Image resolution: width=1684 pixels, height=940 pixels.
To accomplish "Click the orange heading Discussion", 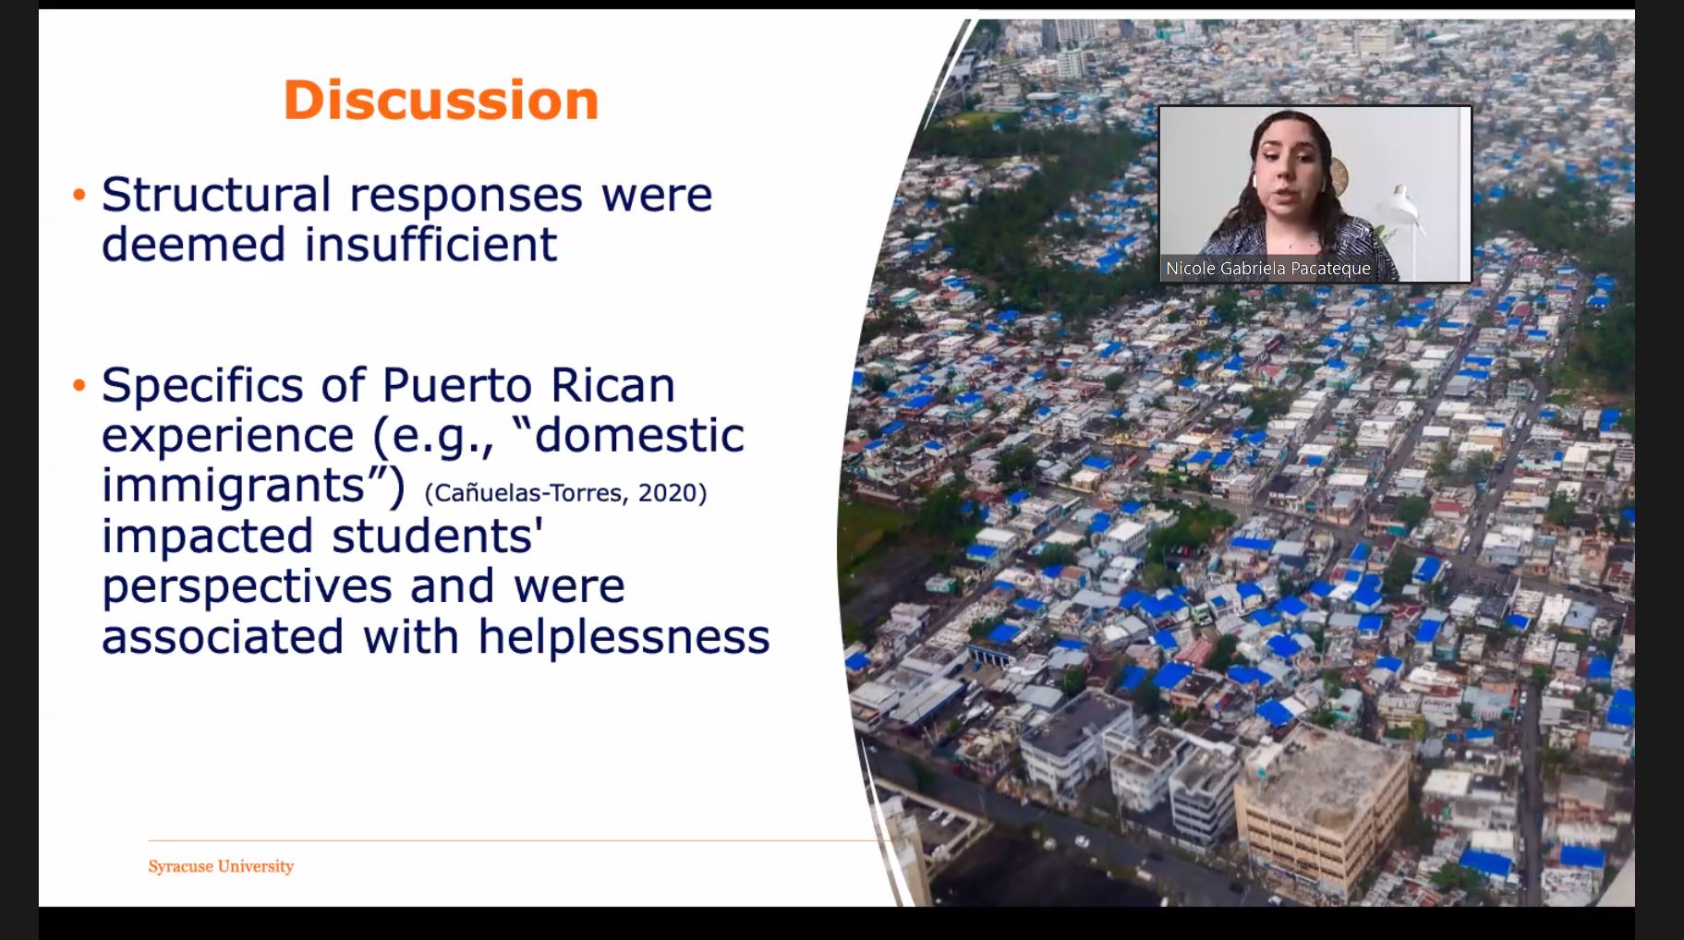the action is tap(441, 100).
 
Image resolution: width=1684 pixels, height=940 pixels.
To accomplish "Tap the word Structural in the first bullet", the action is tap(216, 195).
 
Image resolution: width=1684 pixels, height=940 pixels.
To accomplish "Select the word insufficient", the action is tap(430, 245).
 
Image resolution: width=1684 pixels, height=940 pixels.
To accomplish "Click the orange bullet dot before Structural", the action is tap(79, 195).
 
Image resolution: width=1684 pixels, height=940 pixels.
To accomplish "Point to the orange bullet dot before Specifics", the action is tap(79, 385).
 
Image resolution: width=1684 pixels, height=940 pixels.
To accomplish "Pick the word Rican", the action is tap(613, 386).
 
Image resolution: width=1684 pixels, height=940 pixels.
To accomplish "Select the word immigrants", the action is tap(234, 486).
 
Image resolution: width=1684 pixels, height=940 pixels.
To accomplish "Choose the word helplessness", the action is tap(624, 637).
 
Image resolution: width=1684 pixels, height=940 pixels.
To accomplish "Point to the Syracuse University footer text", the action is tap(221, 866).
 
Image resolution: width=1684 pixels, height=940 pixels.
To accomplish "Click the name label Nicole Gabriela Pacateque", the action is tap(1268, 269).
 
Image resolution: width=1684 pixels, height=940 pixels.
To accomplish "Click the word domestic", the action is tap(639, 436).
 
